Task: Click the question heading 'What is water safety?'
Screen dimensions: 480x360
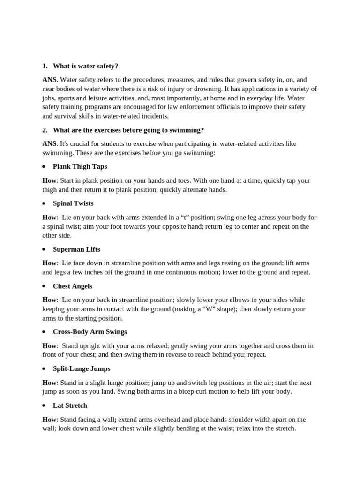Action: (85, 66)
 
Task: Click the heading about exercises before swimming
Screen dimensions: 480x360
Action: (128, 130)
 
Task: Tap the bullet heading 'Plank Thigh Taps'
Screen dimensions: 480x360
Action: (80, 166)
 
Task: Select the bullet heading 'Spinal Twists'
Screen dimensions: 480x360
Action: (73, 203)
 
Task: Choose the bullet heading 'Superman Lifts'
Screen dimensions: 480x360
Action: (76, 249)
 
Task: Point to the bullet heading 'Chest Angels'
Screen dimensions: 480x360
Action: (73, 286)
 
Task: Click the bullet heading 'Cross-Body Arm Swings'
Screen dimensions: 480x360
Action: (90, 332)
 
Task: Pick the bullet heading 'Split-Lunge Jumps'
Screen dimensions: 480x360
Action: (82, 368)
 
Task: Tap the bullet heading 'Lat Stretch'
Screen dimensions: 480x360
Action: (70, 405)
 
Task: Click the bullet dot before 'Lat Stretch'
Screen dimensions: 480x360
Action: (44, 406)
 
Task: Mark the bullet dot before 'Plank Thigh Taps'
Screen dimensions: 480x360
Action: (44, 167)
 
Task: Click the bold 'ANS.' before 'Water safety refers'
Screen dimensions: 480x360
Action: (50, 80)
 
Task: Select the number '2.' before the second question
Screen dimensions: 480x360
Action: (45, 130)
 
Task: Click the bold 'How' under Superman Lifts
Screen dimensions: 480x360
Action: (49, 263)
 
